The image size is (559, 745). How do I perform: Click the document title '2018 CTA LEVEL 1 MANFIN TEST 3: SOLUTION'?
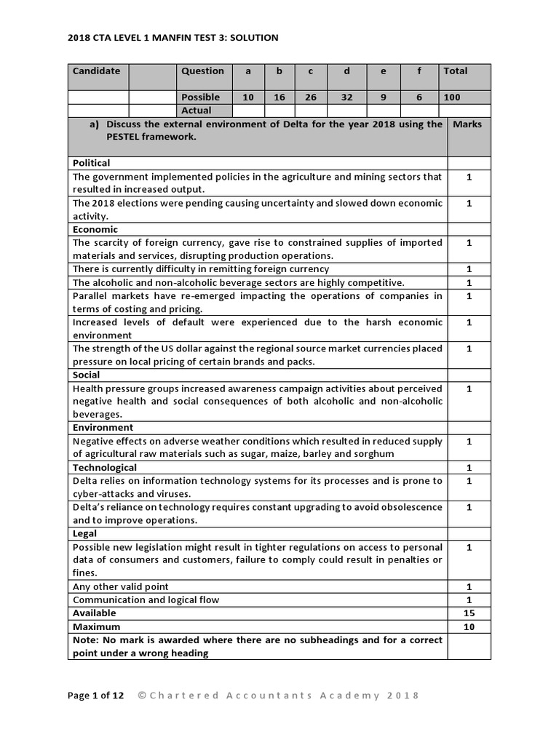(173, 38)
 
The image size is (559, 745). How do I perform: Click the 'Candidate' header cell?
(97, 71)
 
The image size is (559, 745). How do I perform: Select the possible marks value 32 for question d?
(346, 97)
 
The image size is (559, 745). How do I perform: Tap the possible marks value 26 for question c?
(311, 97)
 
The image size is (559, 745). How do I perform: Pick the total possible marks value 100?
(452, 97)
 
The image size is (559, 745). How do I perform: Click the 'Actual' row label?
(197, 111)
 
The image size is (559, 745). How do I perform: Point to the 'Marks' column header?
(467, 124)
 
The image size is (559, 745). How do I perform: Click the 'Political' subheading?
(92, 163)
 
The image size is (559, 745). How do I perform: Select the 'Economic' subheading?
(95, 229)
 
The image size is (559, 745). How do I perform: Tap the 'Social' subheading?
(87, 375)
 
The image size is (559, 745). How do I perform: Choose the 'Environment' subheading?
(103, 428)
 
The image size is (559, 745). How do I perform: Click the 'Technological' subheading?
(104, 468)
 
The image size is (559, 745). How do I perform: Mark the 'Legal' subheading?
(84, 534)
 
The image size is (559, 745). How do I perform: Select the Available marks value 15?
(469, 613)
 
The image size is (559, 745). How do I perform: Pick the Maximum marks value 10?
(469, 626)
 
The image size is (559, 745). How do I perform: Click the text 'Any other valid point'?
(120, 587)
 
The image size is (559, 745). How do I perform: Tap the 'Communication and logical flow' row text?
(146, 600)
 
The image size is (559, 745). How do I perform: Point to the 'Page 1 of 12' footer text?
(95, 696)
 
